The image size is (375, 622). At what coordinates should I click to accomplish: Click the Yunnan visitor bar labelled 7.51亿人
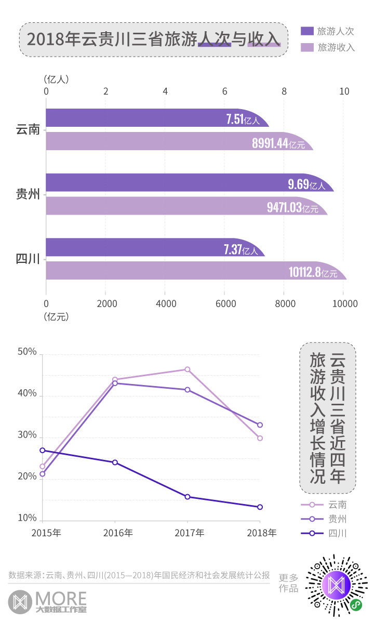tap(156, 118)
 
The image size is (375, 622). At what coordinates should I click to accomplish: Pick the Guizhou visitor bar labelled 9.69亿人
tap(189, 182)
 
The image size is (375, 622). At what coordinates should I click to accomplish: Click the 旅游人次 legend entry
tap(328, 31)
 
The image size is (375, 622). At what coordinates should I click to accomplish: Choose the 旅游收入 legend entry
tap(328, 47)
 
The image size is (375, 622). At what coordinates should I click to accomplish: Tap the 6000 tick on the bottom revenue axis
tap(224, 304)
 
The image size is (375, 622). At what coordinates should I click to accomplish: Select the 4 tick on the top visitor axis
tap(165, 91)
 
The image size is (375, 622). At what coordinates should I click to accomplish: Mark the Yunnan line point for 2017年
tap(187, 369)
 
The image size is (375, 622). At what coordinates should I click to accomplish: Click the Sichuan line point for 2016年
tap(115, 462)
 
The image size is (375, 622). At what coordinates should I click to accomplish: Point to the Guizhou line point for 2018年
tap(260, 425)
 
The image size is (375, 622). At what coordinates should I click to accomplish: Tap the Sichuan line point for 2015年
tap(43, 450)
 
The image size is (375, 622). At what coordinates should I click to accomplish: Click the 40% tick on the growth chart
tap(28, 394)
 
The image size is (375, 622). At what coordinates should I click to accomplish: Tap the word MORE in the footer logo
tap(61, 597)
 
